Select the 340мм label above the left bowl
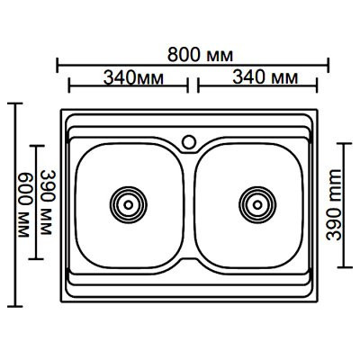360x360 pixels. pos(125,78)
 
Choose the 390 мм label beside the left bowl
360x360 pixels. pos(48,202)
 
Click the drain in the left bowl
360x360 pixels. pos(126,203)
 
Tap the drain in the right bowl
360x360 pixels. pos(256,203)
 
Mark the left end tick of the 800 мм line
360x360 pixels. pos(58,64)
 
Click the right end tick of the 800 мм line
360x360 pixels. pos(328,64)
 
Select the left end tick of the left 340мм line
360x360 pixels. pos(68,88)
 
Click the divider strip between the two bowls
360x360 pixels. pos(191,207)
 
